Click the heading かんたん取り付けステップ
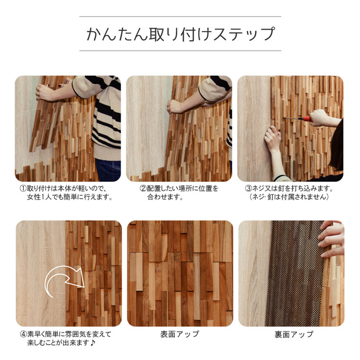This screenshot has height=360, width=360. pos(180,34)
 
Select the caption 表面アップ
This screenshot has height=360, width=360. pos(180,334)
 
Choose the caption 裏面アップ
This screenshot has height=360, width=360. pos(294,334)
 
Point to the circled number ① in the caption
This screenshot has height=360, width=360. pos(23,189)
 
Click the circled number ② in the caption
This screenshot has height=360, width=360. pos(143,189)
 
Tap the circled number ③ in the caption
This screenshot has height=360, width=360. pos(249,189)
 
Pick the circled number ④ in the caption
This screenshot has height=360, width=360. pos(24,334)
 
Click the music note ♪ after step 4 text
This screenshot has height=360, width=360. pos(92,343)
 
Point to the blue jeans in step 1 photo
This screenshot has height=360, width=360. pos(108,170)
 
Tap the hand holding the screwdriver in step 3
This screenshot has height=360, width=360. pos(319,117)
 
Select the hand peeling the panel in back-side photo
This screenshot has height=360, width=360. pos(331,239)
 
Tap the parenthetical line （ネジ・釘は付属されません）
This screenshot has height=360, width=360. pos(289,197)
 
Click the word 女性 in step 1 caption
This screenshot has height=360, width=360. pos(34,197)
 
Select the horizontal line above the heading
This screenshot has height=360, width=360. pos(180,17)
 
